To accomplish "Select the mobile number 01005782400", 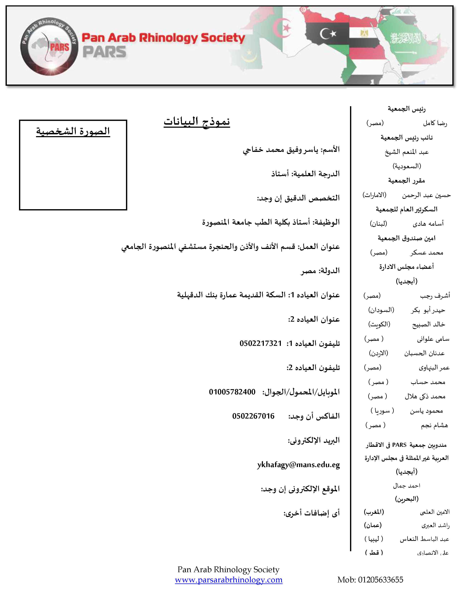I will coord(232,392).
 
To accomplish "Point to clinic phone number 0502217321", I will coord(260,343).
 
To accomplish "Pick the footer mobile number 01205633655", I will coord(380,580).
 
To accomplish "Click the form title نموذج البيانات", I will coord(197,121).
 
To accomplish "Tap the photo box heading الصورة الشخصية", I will coord(73,131).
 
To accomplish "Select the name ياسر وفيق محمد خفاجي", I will coord(280,150).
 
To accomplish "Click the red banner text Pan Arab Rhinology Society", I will coord(163,38).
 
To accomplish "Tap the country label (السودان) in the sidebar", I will coord(381,310).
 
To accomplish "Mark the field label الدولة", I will coord(329,271).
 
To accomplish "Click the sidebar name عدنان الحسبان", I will coord(424,353).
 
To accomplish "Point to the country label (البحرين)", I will coord(407,499).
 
